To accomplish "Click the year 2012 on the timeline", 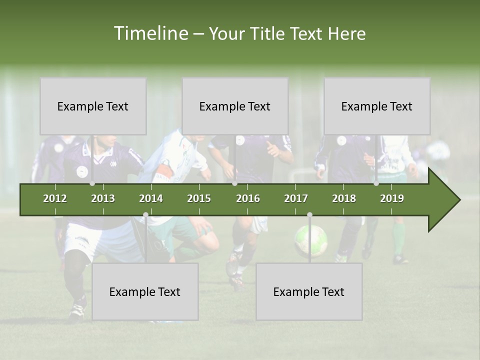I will pyautogui.click(x=55, y=198).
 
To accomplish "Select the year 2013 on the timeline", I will pyautogui.click(x=103, y=198).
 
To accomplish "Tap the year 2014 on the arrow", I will pyautogui.click(x=151, y=198).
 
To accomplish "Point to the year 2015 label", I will pyautogui.click(x=199, y=198).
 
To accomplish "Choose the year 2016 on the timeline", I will pyautogui.click(x=248, y=198).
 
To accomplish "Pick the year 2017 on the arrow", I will pyautogui.click(x=296, y=198).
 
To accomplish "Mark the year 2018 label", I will pyautogui.click(x=344, y=198).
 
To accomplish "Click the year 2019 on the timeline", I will pyautogui.click(x=392, y=198).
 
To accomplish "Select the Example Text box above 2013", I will pyautogui.click(x=93, y=106).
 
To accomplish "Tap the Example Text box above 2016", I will pyautogui.click(x=235, y=106).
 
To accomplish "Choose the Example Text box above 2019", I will pyautogui.click(x=377, y=106).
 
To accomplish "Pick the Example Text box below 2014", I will pyautogui.click(x=145, y=292).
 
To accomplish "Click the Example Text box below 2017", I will pyautogui.click(x=309, y=292).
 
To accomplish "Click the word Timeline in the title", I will pyautogui.click(x=150, y=33).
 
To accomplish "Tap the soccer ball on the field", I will pyautogui.click(x=310, y=240).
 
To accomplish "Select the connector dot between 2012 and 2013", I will pyautogui.click(x=92, y=183).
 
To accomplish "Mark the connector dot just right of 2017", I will pyautogui.click(x=309, y=215).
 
